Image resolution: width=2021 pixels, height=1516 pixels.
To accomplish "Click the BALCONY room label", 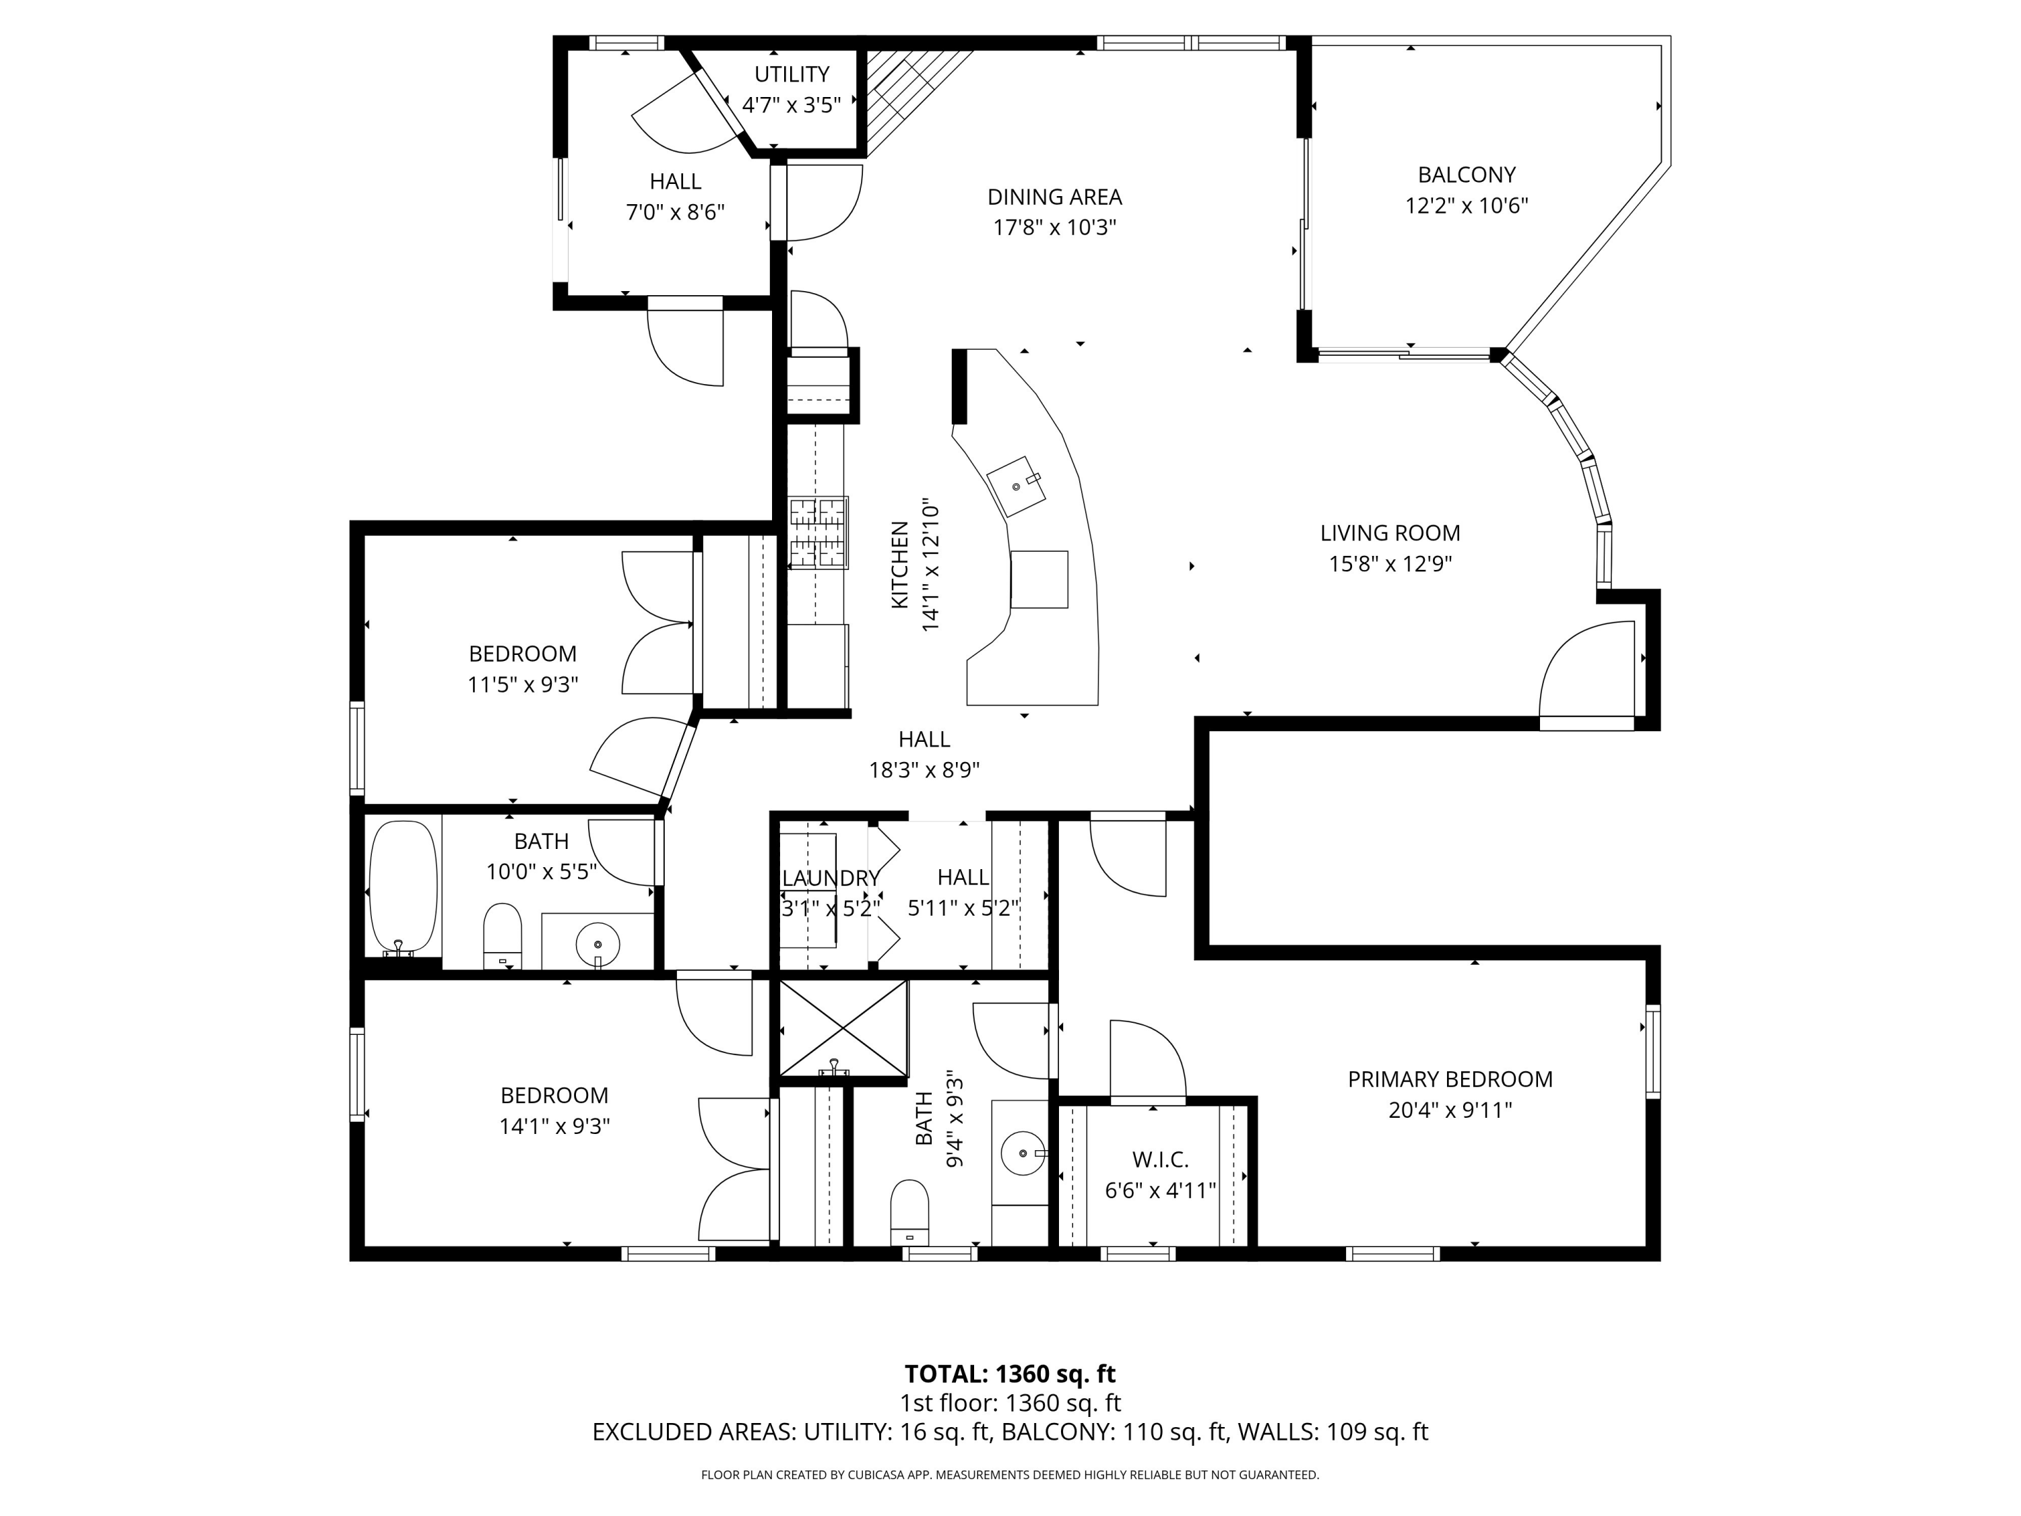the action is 1467,175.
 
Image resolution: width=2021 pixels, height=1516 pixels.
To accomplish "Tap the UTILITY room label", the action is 792,74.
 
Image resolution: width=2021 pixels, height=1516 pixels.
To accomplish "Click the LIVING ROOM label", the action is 1390,533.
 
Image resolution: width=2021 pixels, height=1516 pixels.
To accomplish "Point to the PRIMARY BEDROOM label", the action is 1450,1079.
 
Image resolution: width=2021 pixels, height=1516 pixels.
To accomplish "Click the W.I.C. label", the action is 1160,1160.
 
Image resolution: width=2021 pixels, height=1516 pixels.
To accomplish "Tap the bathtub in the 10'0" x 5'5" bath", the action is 402,888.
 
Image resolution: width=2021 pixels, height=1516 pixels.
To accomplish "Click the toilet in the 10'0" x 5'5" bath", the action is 502,935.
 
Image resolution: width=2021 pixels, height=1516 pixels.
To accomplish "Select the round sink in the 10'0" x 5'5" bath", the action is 598,943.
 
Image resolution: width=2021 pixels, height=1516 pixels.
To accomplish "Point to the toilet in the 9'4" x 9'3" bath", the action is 909,1211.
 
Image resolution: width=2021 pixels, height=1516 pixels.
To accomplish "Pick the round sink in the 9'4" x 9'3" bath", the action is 1023,1154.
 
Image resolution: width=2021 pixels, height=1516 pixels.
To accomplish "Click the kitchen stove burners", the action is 819,533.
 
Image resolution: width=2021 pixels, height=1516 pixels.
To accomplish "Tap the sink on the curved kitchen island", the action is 1016,486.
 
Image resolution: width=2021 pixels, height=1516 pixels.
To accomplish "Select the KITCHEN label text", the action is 900,565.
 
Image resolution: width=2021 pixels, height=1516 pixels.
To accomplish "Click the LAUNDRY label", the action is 831,878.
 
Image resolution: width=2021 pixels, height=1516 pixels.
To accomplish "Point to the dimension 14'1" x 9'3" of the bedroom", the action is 554,1126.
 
